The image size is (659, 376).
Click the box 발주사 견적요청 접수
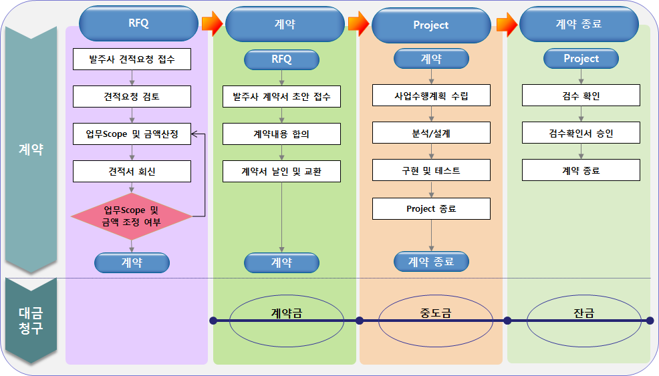[132, 59]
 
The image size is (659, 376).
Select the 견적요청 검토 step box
[132, 96]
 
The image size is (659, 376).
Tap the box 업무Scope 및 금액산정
[132, 134]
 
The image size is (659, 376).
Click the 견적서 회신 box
[132, 171]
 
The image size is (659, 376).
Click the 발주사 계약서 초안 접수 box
[281, 96]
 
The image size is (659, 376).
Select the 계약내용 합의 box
[281, 134]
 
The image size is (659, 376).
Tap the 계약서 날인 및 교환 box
[281, 171]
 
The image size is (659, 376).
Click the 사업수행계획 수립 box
[431, 96]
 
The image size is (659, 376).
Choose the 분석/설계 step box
[431, 133]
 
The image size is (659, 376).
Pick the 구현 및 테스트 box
[431, 170]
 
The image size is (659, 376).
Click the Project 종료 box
[431, 208]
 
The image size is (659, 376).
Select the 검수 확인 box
[581, 96]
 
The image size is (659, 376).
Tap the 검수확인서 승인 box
[581, 133]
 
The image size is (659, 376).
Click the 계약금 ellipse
[286, 313]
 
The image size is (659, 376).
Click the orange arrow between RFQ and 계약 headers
[211, 24]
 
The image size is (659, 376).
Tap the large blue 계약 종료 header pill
[579, 24]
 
